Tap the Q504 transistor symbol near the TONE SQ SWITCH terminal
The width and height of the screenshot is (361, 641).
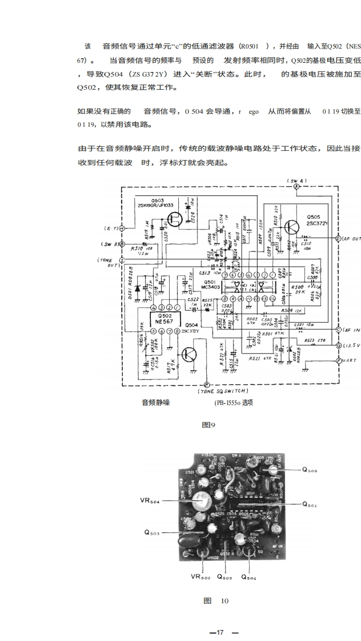187,355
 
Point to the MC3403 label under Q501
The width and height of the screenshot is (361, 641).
211,289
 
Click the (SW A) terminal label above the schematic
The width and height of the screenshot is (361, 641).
296,181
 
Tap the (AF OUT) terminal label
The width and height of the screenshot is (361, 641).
350,238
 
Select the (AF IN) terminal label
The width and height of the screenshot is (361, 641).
350,330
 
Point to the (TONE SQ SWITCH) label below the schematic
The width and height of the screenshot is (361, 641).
223,391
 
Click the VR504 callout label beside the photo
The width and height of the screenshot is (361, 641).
150,500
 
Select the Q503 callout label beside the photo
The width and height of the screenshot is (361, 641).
151,534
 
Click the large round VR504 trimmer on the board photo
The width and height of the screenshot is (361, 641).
200,503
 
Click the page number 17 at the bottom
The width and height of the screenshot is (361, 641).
219,632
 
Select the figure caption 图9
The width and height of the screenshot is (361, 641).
208,424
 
